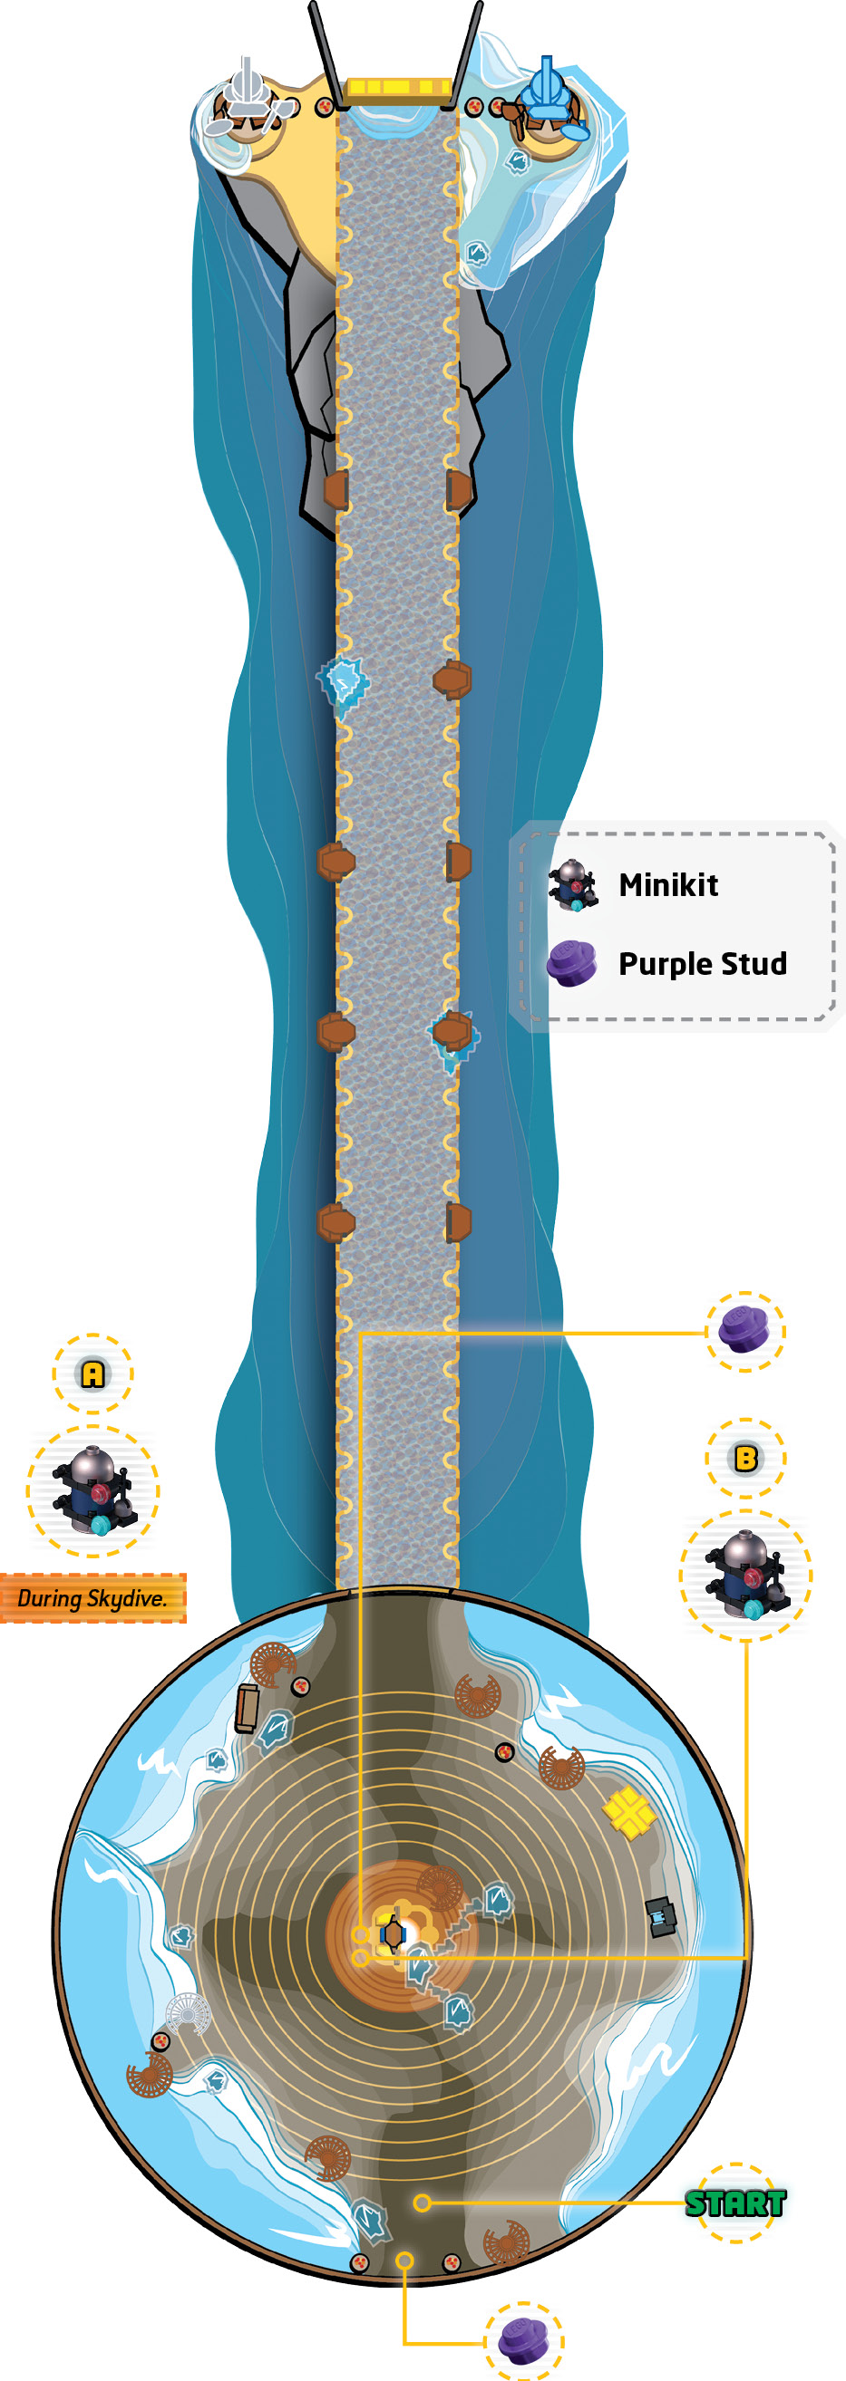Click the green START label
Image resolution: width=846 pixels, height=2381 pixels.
point(735,2203)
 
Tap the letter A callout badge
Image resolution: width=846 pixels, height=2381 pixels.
point(92,1374)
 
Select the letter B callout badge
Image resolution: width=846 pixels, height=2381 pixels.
point(745,1458)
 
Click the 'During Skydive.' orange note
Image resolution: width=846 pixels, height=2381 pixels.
point(92,1597)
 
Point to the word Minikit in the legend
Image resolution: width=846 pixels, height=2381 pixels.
point(667,884)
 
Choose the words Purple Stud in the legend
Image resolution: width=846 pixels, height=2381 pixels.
point(703,963)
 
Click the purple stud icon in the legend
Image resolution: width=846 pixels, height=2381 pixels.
point(572,963)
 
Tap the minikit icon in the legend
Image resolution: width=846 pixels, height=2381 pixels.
point(573,885)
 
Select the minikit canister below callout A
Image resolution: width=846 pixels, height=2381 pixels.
point(93,1491)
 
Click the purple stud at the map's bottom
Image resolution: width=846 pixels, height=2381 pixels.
point(523,2339)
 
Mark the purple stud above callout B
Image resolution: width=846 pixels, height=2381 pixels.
point(745,1330)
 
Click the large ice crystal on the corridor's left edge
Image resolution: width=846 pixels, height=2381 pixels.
point(344,685)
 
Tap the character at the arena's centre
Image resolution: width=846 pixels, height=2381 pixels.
point(393,1933)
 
